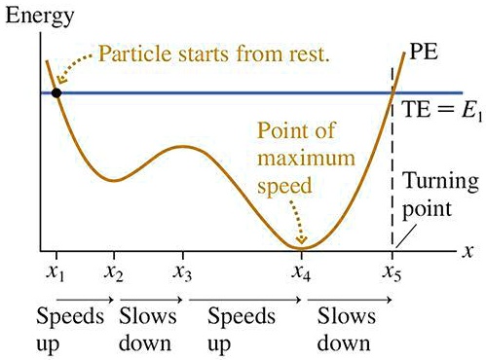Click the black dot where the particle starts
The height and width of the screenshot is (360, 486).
click(56, 92)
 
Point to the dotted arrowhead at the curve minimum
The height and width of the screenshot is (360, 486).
click(304, 240)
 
